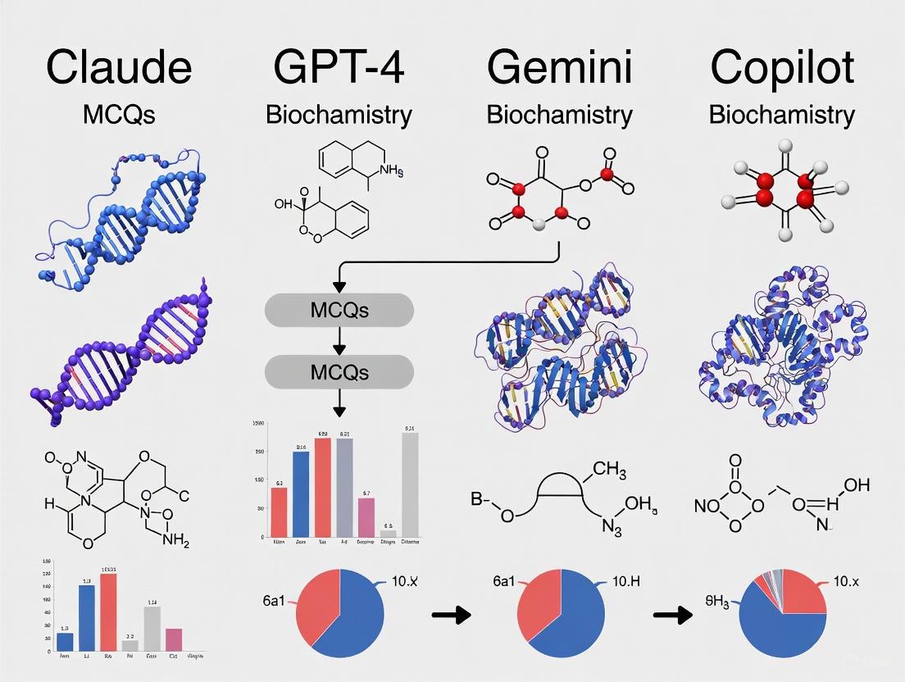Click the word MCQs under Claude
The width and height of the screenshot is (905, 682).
pos(119,114)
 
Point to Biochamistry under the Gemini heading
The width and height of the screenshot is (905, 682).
pos(559,114)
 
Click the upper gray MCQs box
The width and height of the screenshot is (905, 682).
pos(339,311)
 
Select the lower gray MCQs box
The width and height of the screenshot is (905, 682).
pos(339,372)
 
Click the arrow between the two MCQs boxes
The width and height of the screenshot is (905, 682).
pos(339,341)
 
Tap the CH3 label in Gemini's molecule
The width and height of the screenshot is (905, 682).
pos(616,469)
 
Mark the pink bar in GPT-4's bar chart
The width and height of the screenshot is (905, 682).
pos(366,516)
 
